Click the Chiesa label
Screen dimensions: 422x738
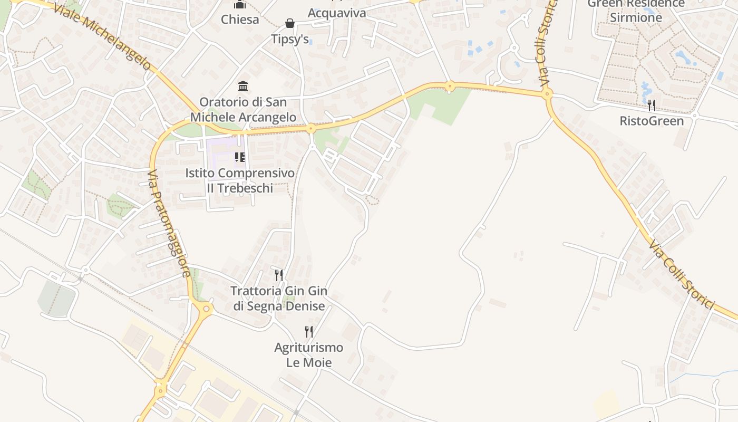click(240, 20)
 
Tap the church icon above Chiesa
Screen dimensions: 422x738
click(240, 5)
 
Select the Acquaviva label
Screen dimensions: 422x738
click(336, 13)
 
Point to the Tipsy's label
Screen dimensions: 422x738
click(290, 39)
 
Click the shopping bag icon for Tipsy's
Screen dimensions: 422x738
click(290, 23)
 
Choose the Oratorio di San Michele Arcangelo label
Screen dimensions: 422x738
click(243, 109)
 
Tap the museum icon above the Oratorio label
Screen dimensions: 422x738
click(243, 86)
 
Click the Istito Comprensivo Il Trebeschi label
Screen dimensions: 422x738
click(240, 180)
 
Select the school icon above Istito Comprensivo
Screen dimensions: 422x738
click(240, 157)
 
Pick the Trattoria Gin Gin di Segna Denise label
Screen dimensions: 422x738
click(279, 298)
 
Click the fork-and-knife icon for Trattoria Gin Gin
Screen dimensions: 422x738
click(279, 275)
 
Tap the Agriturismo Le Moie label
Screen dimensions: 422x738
click(309, 354)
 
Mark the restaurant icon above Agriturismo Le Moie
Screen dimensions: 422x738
click(309, 331)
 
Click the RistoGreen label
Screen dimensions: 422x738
click(652, 121)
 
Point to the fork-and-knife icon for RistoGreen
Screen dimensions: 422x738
click(652, 105)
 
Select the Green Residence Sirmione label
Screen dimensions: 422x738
click(636, 11)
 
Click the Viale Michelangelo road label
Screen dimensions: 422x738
click(102, 36)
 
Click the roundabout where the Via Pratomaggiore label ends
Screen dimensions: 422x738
click(206, 309)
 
